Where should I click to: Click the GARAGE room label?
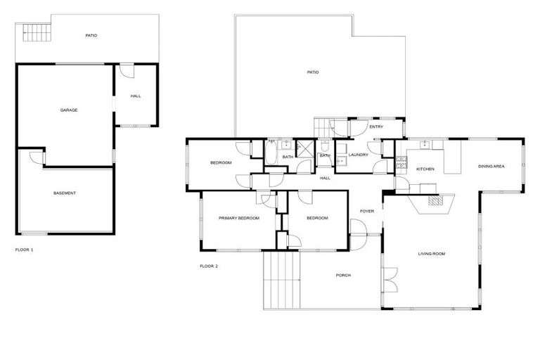pos(68,110)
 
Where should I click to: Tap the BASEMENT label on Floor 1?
pos(65,193)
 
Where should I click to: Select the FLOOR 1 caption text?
pos(24,250)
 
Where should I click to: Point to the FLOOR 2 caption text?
pos(209,266)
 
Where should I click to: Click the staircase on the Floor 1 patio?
pos(34,31)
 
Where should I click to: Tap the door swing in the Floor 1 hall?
pos(126,70)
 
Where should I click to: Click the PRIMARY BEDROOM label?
pos(239,219)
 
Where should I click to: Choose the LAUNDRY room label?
pos(358,155)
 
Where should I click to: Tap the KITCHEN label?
pos(425,169)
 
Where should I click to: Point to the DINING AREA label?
pos(491,167)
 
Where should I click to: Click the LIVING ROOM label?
pos(432,254)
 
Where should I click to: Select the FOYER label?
pos(367,211)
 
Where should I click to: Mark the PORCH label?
pos(343,275)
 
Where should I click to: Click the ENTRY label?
pos(376,127)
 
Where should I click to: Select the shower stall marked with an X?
pos(306,148)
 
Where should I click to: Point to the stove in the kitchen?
pos(401,163)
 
